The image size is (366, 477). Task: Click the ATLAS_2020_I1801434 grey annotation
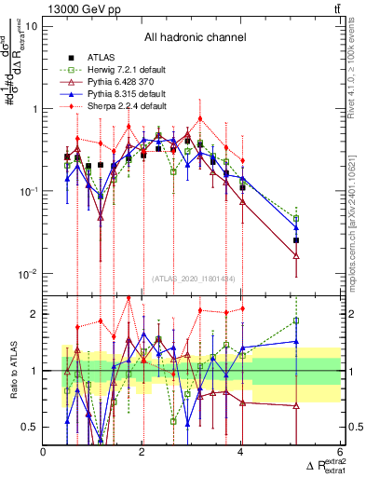point(194,279)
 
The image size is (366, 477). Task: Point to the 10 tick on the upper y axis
point(31,26)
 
